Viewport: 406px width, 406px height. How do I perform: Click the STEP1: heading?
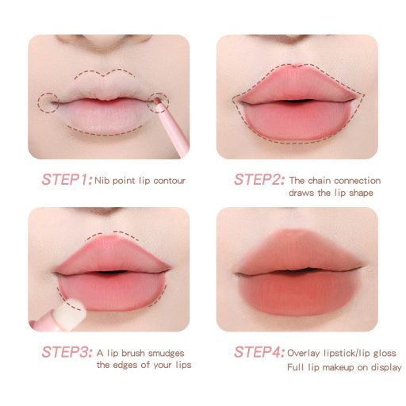tap(67, 179)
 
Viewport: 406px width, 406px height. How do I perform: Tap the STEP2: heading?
tap(259, 179)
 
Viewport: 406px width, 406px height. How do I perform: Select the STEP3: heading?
tap(67, 352)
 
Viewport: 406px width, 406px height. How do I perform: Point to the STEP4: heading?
tap(259, 352)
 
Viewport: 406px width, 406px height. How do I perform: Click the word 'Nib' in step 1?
tap(101, 181)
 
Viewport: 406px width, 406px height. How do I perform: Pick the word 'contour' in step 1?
tap(169, 181)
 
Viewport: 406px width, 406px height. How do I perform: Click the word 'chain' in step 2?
tap(320, 181)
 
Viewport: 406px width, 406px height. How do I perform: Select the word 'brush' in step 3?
tap(133, 353)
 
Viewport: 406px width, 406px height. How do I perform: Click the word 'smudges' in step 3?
tap(167, 354)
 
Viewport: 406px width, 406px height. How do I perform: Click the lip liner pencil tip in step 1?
tap(157, 101)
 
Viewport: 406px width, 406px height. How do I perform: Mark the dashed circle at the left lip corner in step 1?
tap(48, 103)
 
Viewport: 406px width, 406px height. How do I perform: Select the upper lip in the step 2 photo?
tap(297, 85)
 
